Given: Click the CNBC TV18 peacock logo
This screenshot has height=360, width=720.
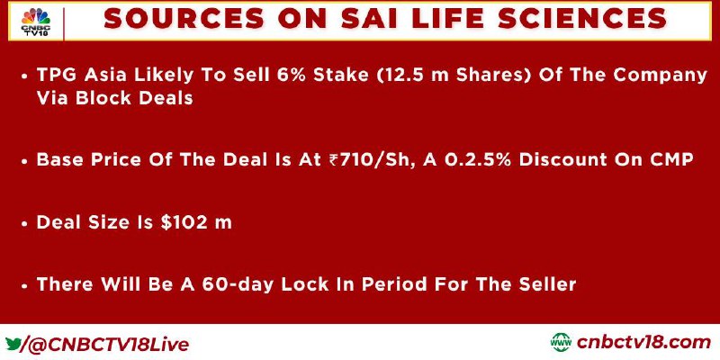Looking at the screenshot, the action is pos(36,22).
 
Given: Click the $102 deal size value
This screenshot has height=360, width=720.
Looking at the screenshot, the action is pos(182,222).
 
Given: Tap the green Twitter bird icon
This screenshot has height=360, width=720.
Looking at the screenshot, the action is pos(13,343).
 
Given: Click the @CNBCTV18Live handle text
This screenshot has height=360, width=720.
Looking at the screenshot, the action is pos(109,345).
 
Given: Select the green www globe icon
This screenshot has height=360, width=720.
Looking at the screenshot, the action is pos(561,343).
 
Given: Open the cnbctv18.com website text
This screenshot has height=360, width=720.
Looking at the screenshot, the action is pos(643,343).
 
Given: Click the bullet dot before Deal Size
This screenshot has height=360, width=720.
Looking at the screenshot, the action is pos(25,223).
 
